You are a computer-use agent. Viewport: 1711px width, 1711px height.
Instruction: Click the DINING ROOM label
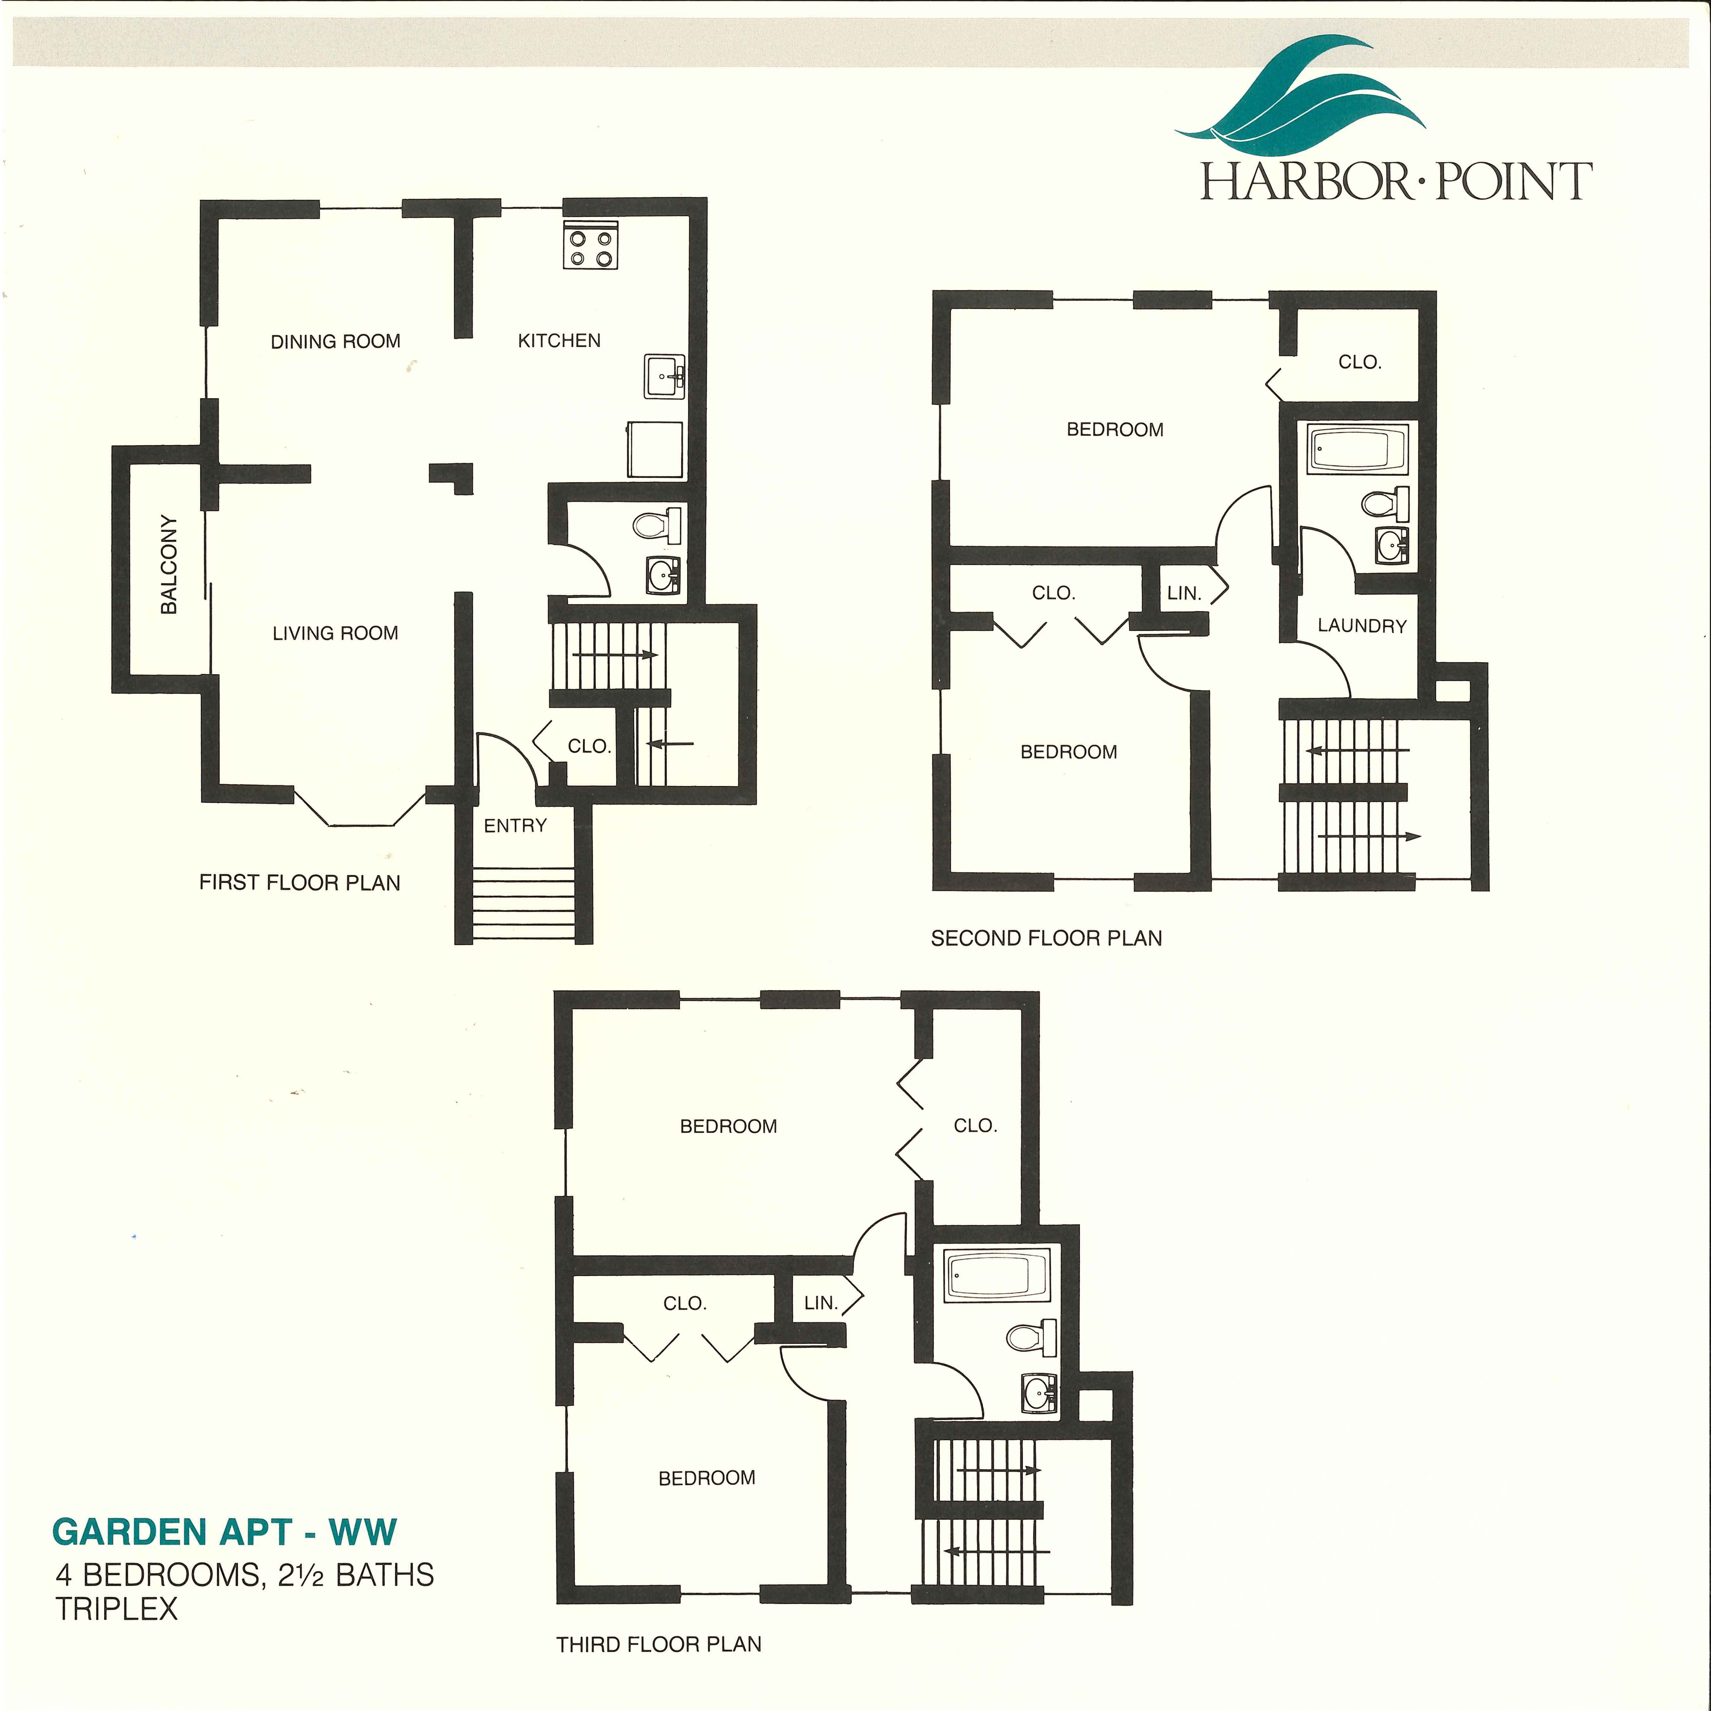336,341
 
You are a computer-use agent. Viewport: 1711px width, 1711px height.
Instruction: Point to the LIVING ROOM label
336,633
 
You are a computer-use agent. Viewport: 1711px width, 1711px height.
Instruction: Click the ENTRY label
516,825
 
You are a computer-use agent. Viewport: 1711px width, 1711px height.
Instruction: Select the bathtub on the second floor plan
1357,449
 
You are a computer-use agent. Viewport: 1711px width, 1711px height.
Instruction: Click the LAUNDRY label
1362,626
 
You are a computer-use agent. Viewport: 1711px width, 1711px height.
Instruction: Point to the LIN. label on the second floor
1184,593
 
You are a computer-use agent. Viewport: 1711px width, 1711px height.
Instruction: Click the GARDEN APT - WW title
225,1532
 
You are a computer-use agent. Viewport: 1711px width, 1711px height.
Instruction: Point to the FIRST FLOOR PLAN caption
299,883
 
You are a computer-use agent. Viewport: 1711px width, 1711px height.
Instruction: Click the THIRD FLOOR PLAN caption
659,1644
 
